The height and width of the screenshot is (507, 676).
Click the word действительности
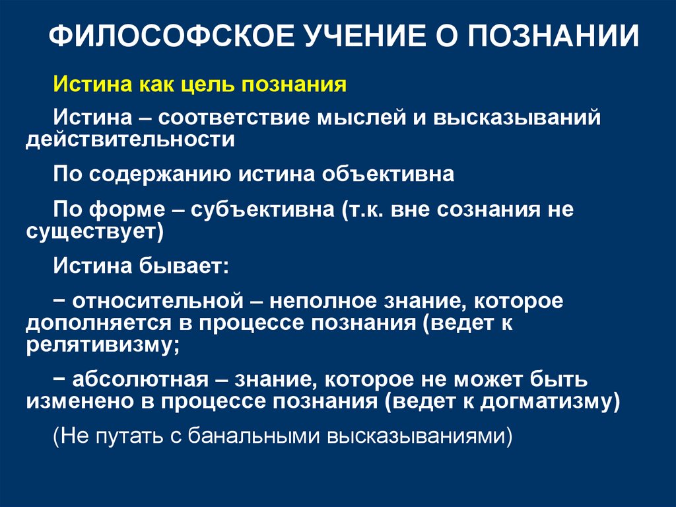coord(131,139)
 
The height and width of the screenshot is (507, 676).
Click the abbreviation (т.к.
coord(363,211)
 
